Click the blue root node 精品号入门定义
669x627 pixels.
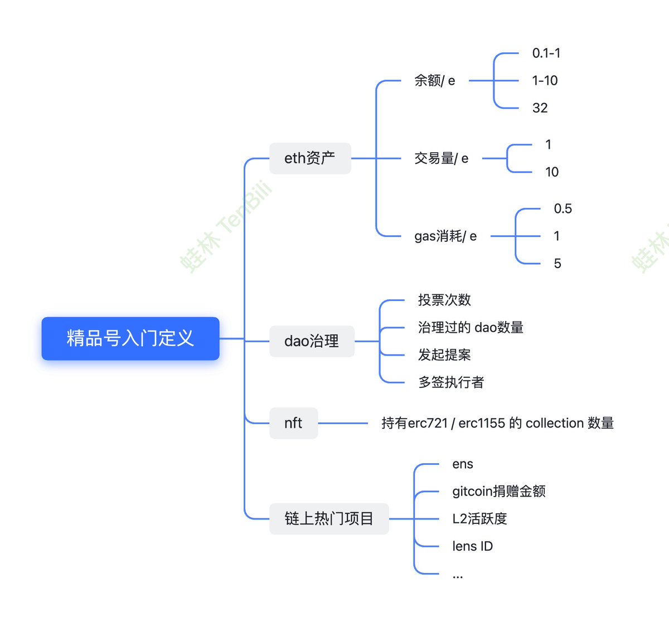pos(130,338)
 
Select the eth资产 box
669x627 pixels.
pos(310,158)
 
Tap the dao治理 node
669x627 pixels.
pos(312,341)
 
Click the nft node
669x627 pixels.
pos(293,423)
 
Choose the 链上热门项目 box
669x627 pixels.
pos(329,519)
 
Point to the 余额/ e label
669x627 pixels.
pos(434,81)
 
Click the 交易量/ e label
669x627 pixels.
pos(441,158)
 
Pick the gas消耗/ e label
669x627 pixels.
pos(445,236)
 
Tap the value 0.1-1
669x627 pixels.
pos(546,54)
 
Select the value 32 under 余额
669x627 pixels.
pos(540,108)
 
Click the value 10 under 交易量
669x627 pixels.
pos(552,172)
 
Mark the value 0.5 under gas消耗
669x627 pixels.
pos(563,209)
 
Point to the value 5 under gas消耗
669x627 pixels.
pos(557,264)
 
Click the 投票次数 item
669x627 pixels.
pos(444,300)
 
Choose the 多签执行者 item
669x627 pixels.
pos(451,382)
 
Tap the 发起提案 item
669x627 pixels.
pos(444,355)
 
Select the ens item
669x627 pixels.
pos(463,464)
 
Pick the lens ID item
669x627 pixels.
pos(472,546)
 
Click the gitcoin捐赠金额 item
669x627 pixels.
pos(498,492)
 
